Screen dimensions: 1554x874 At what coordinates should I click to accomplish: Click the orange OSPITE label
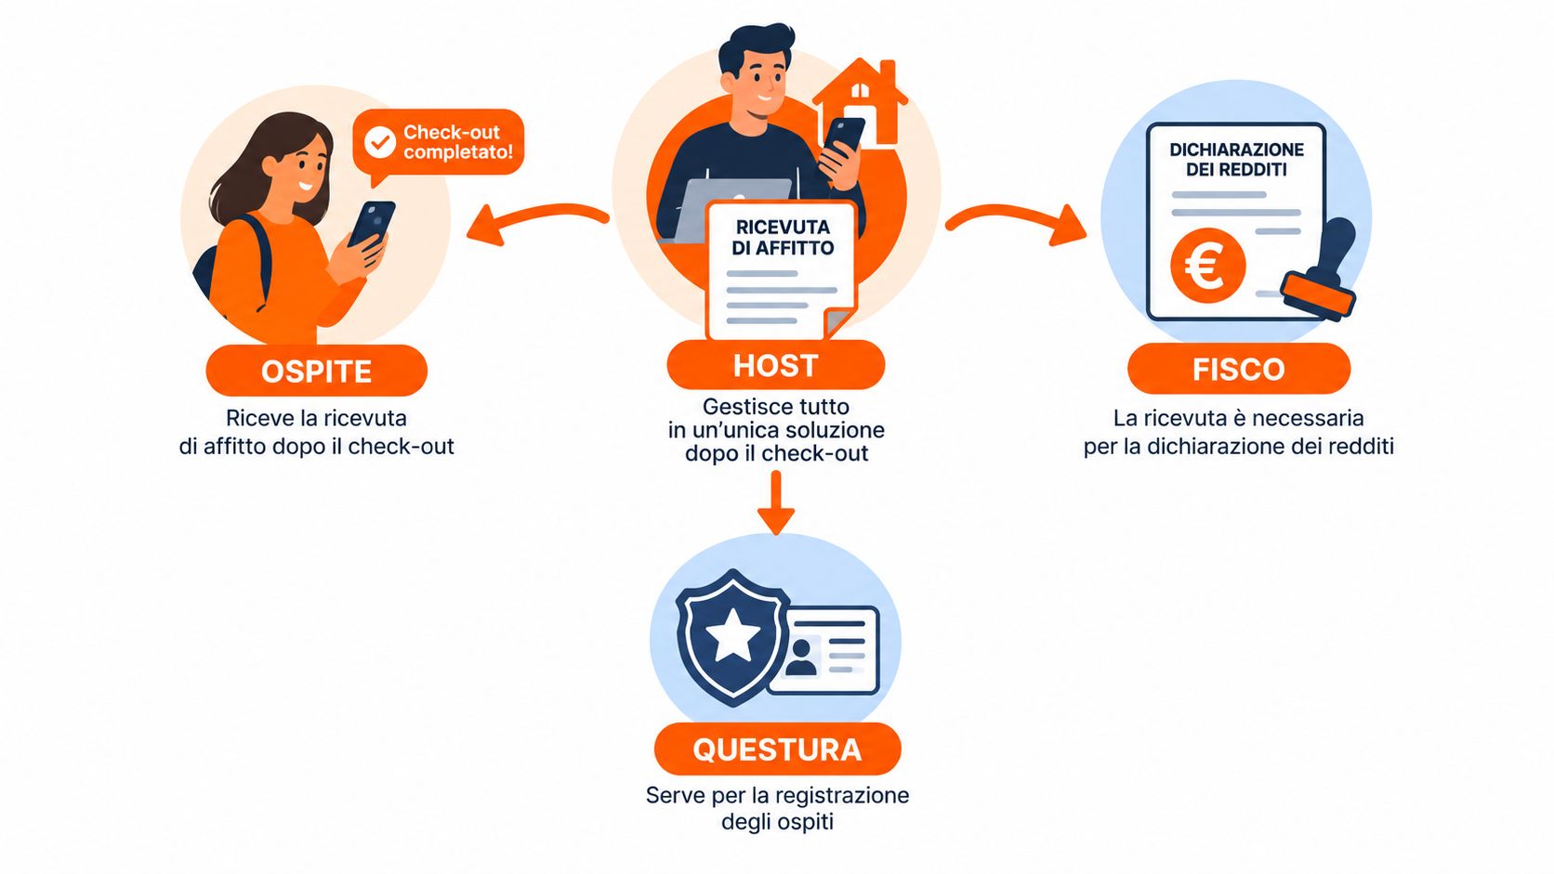pos(316,371)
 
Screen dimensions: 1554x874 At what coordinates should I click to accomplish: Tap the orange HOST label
pos(776,365)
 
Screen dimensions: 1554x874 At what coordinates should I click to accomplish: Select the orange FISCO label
pos(1238,369)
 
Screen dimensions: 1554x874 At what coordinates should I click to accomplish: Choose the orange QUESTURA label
pos(777,750)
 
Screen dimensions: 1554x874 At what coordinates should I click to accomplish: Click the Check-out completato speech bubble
pos(438,143)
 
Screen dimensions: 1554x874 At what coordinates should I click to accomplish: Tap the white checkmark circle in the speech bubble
pos(380,142)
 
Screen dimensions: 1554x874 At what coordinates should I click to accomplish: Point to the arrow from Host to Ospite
pos(537,219)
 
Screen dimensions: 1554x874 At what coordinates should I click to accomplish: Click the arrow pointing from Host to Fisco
pos(1016,219)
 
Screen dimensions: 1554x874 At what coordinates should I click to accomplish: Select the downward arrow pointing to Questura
pos(776,503)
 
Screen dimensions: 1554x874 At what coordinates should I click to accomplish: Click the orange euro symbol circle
pos(1208,266)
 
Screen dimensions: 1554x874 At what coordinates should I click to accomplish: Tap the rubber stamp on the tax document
pos(1320,270)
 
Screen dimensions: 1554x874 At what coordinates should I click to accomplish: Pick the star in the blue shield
pos(733,635)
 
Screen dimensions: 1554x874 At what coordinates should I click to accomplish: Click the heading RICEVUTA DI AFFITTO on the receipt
pos(783,238)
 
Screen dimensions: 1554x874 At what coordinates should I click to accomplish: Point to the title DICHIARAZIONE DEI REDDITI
pos(1236,160)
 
